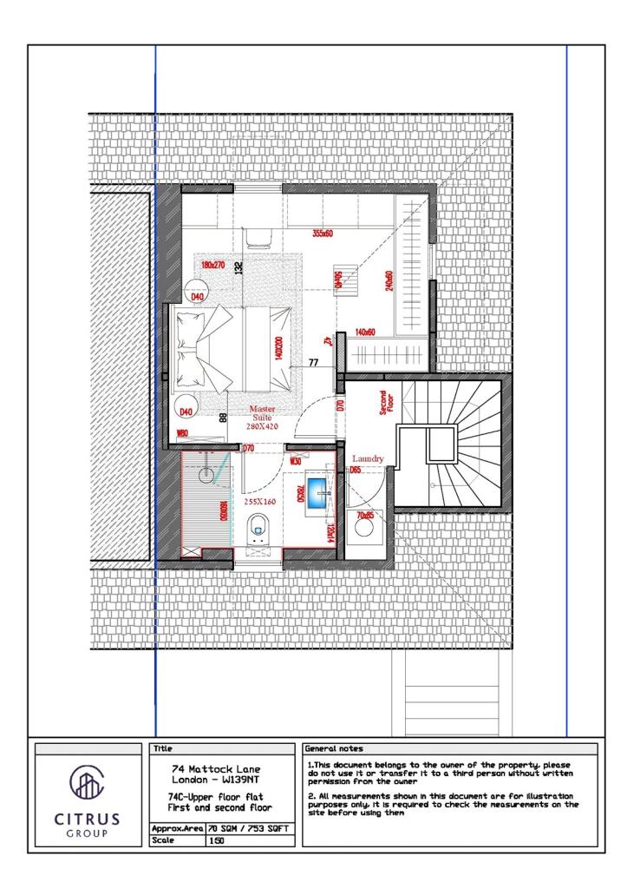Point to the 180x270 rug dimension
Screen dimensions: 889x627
pos(213,265)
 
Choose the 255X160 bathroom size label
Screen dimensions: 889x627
pos(258,502)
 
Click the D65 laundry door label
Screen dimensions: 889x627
pos(355,471)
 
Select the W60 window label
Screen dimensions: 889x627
pos(183,434)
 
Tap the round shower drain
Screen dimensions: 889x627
pos(206,475)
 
